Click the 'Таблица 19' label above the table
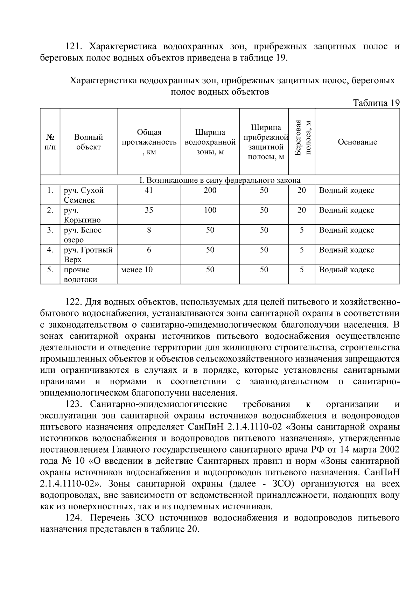pos(376,103)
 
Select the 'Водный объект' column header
pos(88,142)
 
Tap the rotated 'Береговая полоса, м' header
pos(302,141)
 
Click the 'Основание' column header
pos(357,142)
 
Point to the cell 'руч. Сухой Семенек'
pos(84,195)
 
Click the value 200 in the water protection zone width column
pos(210,190)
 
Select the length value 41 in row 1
pos(149,190)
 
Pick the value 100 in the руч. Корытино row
pos(210,210)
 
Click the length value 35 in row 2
pos(149,210)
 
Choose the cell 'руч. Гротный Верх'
pos(88,254)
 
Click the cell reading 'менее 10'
pos(137,270)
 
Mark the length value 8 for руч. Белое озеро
pos(149,230)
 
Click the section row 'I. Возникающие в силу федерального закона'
pos(220,180)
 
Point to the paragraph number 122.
pos(73,302)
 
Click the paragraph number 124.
pos(73,518)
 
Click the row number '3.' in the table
pos(50,230)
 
